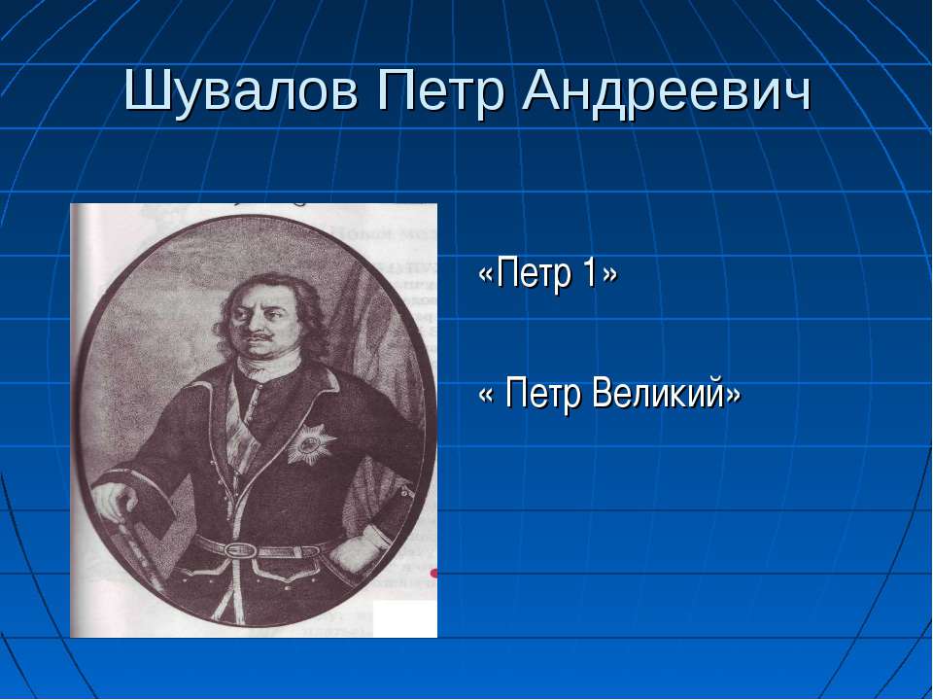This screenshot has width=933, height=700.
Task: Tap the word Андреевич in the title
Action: click(667, 93)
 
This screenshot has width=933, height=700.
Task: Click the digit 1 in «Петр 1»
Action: click(589, 272)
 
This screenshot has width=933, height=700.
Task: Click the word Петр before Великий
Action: click(542, 394)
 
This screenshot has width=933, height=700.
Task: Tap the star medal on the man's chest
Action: click(311, 443)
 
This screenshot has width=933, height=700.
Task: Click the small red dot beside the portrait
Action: click(433, 574)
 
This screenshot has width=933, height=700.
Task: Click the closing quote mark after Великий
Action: click(733, 394)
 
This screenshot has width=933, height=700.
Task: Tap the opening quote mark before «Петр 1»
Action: click(487, 274)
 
